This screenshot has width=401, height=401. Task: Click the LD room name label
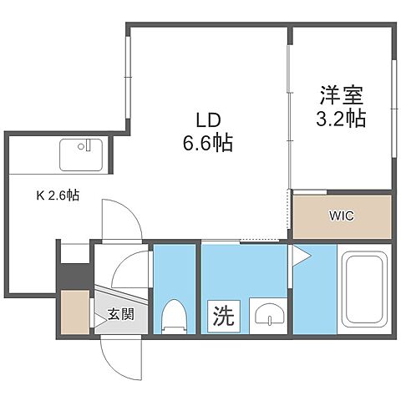210,120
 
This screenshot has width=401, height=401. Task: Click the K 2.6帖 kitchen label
58,196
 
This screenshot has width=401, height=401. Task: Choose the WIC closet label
341,216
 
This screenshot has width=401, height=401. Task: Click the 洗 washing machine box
221,317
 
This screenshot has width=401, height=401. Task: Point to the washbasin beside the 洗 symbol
266,316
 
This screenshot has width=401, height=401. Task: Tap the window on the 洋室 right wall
392,104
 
